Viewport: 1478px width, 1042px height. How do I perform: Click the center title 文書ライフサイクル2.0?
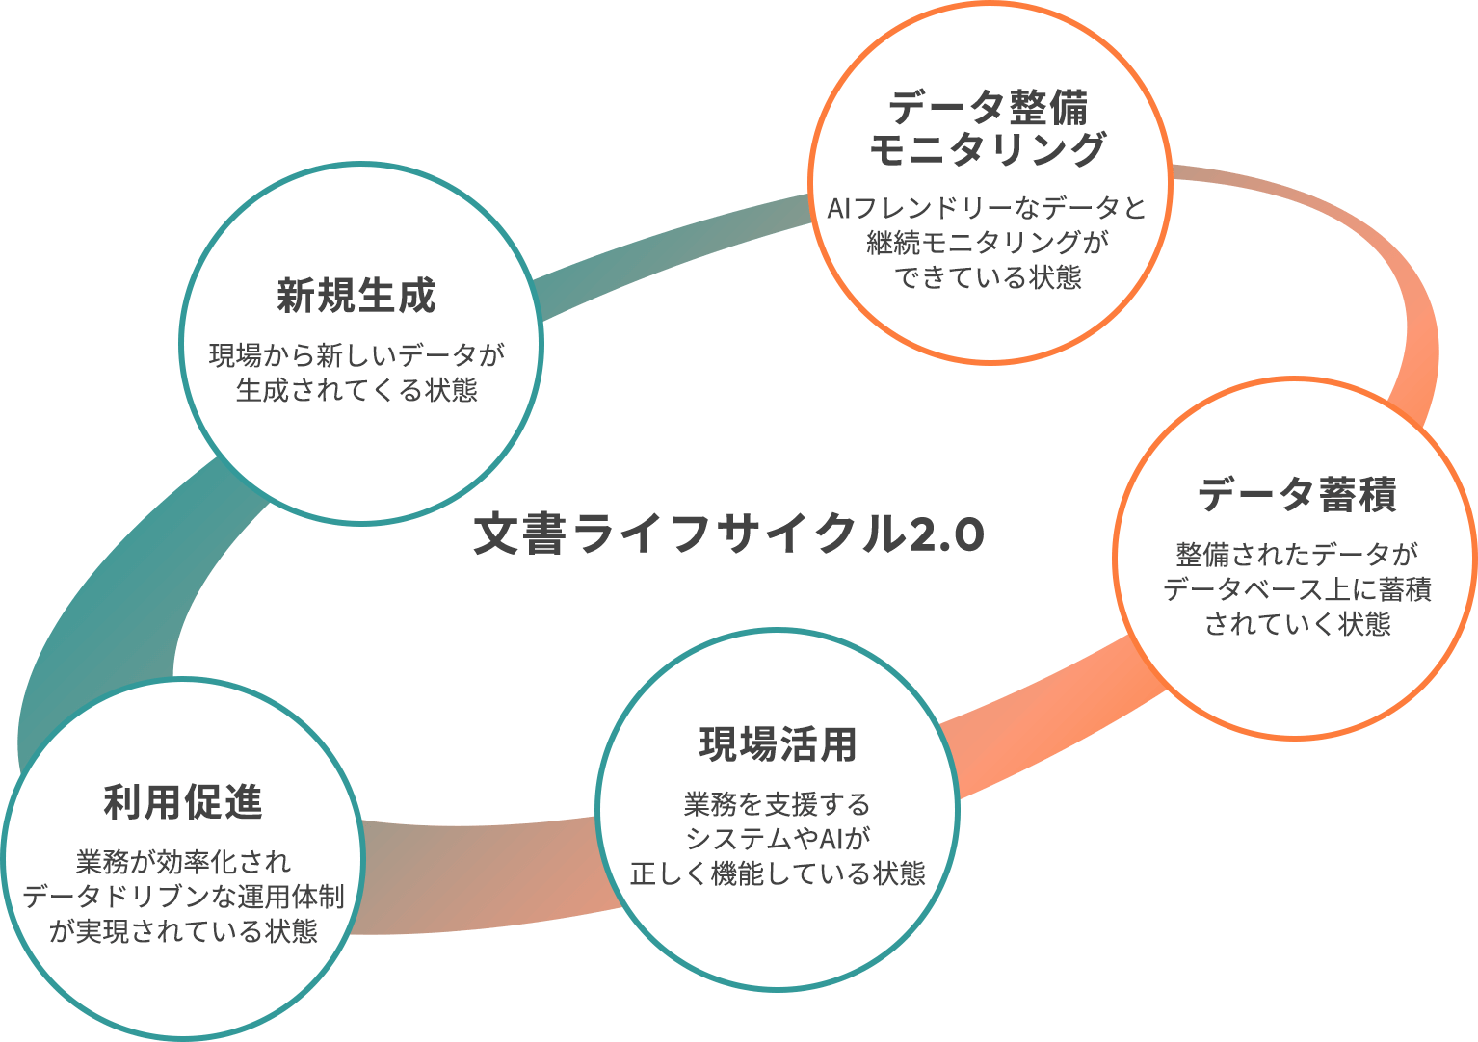pos(728,534)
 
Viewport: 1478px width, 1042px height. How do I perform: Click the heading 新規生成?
pos(356,296)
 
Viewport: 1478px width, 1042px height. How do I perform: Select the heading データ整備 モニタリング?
pos(988,129)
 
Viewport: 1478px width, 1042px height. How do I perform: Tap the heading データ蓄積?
pos(1297,495)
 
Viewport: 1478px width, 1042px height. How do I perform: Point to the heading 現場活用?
pos(778,744)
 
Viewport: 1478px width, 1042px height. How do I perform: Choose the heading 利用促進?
pos(183,802)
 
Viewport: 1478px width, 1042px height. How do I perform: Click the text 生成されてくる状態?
pos(356,390)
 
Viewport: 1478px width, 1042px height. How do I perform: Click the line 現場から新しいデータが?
pos(356,355)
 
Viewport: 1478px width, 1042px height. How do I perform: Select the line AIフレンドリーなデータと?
pos(988,208)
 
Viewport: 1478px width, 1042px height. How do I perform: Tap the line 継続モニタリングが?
pos(988,243)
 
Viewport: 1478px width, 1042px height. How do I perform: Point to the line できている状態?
pos(988,277)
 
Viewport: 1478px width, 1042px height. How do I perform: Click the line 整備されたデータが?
pos(1297,555)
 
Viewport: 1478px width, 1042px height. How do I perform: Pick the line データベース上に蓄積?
pos(1297,589)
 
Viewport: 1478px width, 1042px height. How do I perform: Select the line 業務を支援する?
pos(778,804)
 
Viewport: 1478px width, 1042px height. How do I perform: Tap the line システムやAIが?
pos(778,839)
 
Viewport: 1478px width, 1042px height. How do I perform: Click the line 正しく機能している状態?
pos(778,873)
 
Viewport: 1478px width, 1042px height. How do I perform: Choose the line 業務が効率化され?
pos(183,862)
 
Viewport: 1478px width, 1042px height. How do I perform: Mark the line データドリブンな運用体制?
pos(183,897)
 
